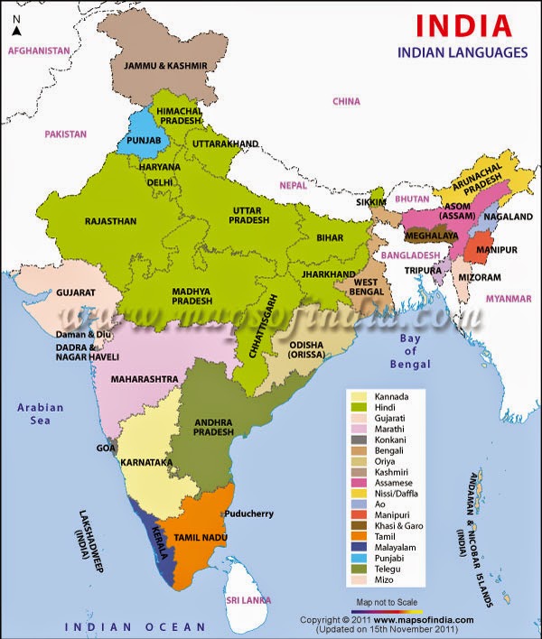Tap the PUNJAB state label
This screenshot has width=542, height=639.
tap(137, 140)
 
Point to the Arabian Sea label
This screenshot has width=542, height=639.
tap(41, 414)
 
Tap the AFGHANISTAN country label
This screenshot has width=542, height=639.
tap(39, 51)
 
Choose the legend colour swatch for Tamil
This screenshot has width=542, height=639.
tap(359, 537)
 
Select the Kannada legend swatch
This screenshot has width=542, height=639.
tap(359, 396)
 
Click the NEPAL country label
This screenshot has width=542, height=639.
tap(293, 184)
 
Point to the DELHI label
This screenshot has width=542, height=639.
tap(159, 181)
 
